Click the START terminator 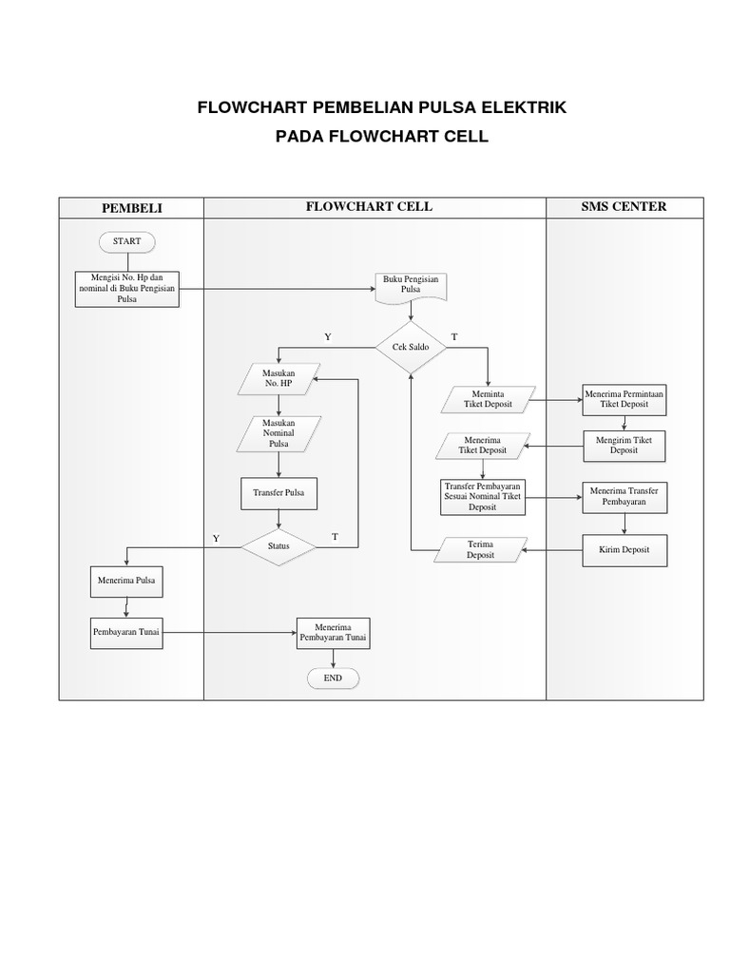pyautogui.click(x=126, y=241)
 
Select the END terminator pyautogui.click(x=333, y=678)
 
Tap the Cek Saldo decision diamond pyautogui.click(x=411, y=348)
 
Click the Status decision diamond pyautogui.click(x=278, y=546)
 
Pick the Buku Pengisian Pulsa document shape pyautogui.click(x=411, y=286)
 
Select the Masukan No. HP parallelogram pyautogui.click(x=279, y=379)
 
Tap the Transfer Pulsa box pyautogui.click(x=279, y=493)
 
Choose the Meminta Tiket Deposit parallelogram pyautogui.click(x=489, y=399)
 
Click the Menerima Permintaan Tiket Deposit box pyautogui.click(x=624, y=399)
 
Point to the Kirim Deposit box pyautogui.click(x=624, y=550)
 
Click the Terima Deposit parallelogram pyautogui.click(x=481, y=550)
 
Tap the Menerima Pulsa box pyautogui.click(x=126, y=580)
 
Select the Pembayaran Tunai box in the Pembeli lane pyautogui.click(x=126, y=632)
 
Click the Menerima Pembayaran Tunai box pyautogui.click(x=333, y=633)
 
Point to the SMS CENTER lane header pyautogui.click(x=624, y=206)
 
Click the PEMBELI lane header pyautogui.click(x=131, y=207)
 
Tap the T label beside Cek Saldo pyautogui.click(x=453, y=337)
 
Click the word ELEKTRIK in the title pyautogui.click(x=526, y=108)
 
